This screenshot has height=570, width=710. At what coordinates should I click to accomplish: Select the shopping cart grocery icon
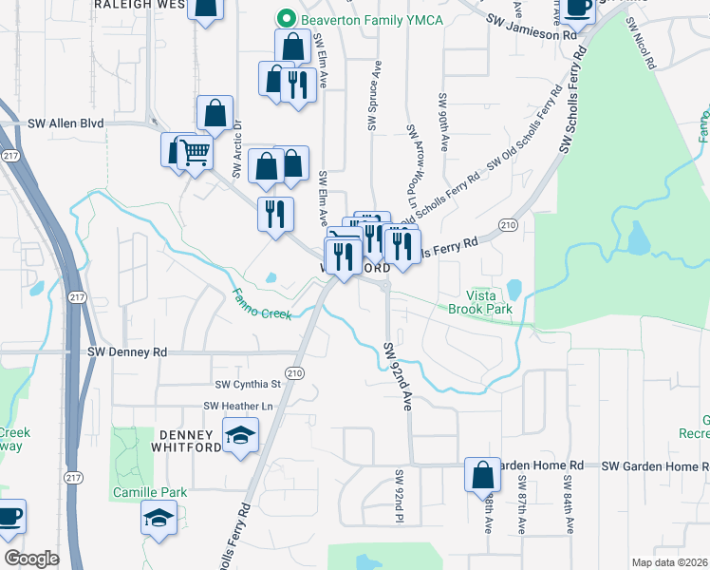click(x=195, y=151)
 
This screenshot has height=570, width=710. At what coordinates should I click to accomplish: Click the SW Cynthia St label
click(x=248, y=385)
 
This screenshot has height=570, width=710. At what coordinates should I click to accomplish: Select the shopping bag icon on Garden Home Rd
click(x=482, y=473)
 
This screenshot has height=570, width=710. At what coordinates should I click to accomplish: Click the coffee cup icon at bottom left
click(x=9, y=517)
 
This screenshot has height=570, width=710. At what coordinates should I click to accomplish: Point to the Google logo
click(x=31, y=559)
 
